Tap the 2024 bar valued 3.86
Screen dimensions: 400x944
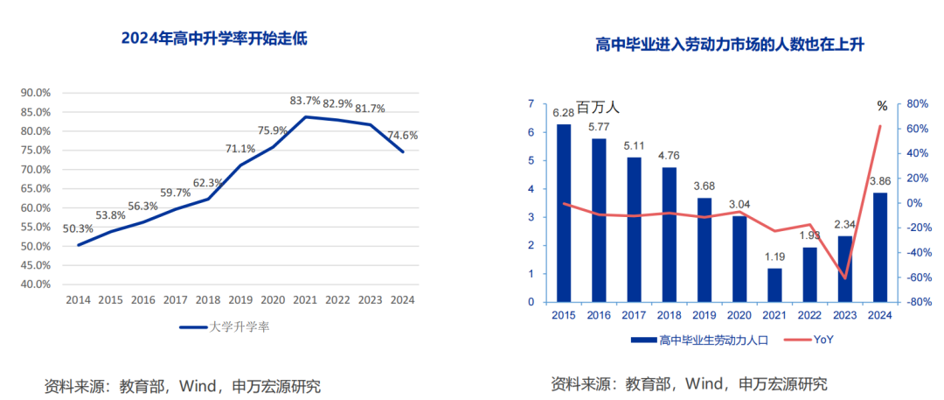[880, 247]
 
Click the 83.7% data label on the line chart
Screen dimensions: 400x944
[306, 102]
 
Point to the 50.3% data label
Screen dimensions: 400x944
[79, 229]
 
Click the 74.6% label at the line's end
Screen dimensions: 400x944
[402, 136]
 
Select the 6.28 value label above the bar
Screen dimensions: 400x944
[564, 112]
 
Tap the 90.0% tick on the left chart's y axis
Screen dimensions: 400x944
[36, 93]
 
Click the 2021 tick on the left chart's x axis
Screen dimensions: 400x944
[306, 299]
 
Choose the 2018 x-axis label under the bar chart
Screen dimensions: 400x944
[669, 316]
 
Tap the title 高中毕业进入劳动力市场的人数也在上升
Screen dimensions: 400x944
[729, 45]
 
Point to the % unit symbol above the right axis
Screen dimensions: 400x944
[882, 106]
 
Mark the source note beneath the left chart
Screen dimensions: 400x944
[183, 385]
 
